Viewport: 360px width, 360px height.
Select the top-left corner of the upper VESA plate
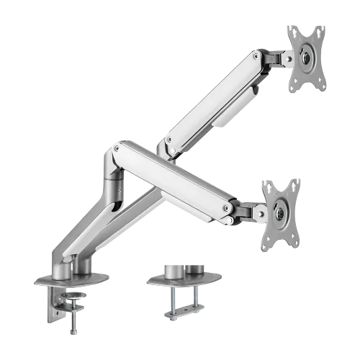[288, 27]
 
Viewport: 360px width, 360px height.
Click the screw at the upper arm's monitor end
[256, 56]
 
